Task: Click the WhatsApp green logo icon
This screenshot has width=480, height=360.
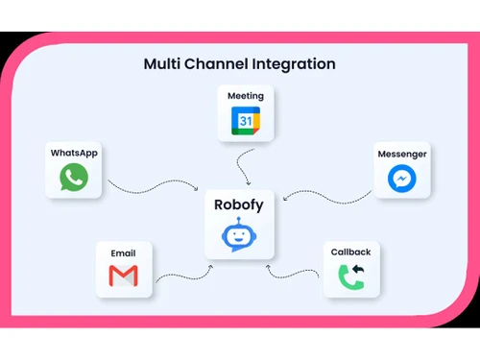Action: click(74, 177)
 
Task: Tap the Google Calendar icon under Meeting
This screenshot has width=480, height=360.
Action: click(245, 121)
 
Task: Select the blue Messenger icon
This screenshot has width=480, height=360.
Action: click(401, 178)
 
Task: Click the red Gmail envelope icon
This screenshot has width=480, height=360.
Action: click(123, 277)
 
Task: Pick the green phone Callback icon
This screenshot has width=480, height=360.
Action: click(351, 276)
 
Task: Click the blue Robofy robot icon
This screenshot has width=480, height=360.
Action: click(240, 235)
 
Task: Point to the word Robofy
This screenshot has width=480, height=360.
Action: click(240, 204)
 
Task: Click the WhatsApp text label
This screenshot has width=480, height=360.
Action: click(74, 153)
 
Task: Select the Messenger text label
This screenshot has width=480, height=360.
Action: click(401, 154)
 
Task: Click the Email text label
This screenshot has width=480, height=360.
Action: click(123, 253)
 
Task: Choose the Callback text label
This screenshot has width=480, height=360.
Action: click(351, 252)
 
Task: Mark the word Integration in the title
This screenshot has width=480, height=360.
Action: click(296, 64)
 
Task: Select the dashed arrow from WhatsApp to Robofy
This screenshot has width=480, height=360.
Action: click(154, 187)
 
